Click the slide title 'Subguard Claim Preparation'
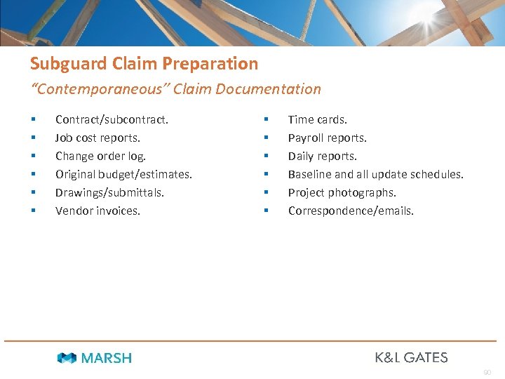click(144, 64)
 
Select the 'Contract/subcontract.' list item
click(112, 119)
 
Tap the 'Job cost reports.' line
click(97, 138)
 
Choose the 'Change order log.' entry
click(100, 156)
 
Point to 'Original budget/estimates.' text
click(123, 174)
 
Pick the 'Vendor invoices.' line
click(97, 211)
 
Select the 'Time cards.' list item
click(317, 119)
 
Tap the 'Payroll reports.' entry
click(327, 138)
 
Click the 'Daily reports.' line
click(322, 156)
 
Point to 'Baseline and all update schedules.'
click(375, 174)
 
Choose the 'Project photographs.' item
click(342, 192)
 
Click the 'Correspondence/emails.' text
click(351, 211)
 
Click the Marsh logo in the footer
click(95, 358)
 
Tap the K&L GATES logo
click(411, 357)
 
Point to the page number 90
click(487, 372)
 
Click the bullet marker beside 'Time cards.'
click(266, 120)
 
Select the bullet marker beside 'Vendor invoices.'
click(33, 211)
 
